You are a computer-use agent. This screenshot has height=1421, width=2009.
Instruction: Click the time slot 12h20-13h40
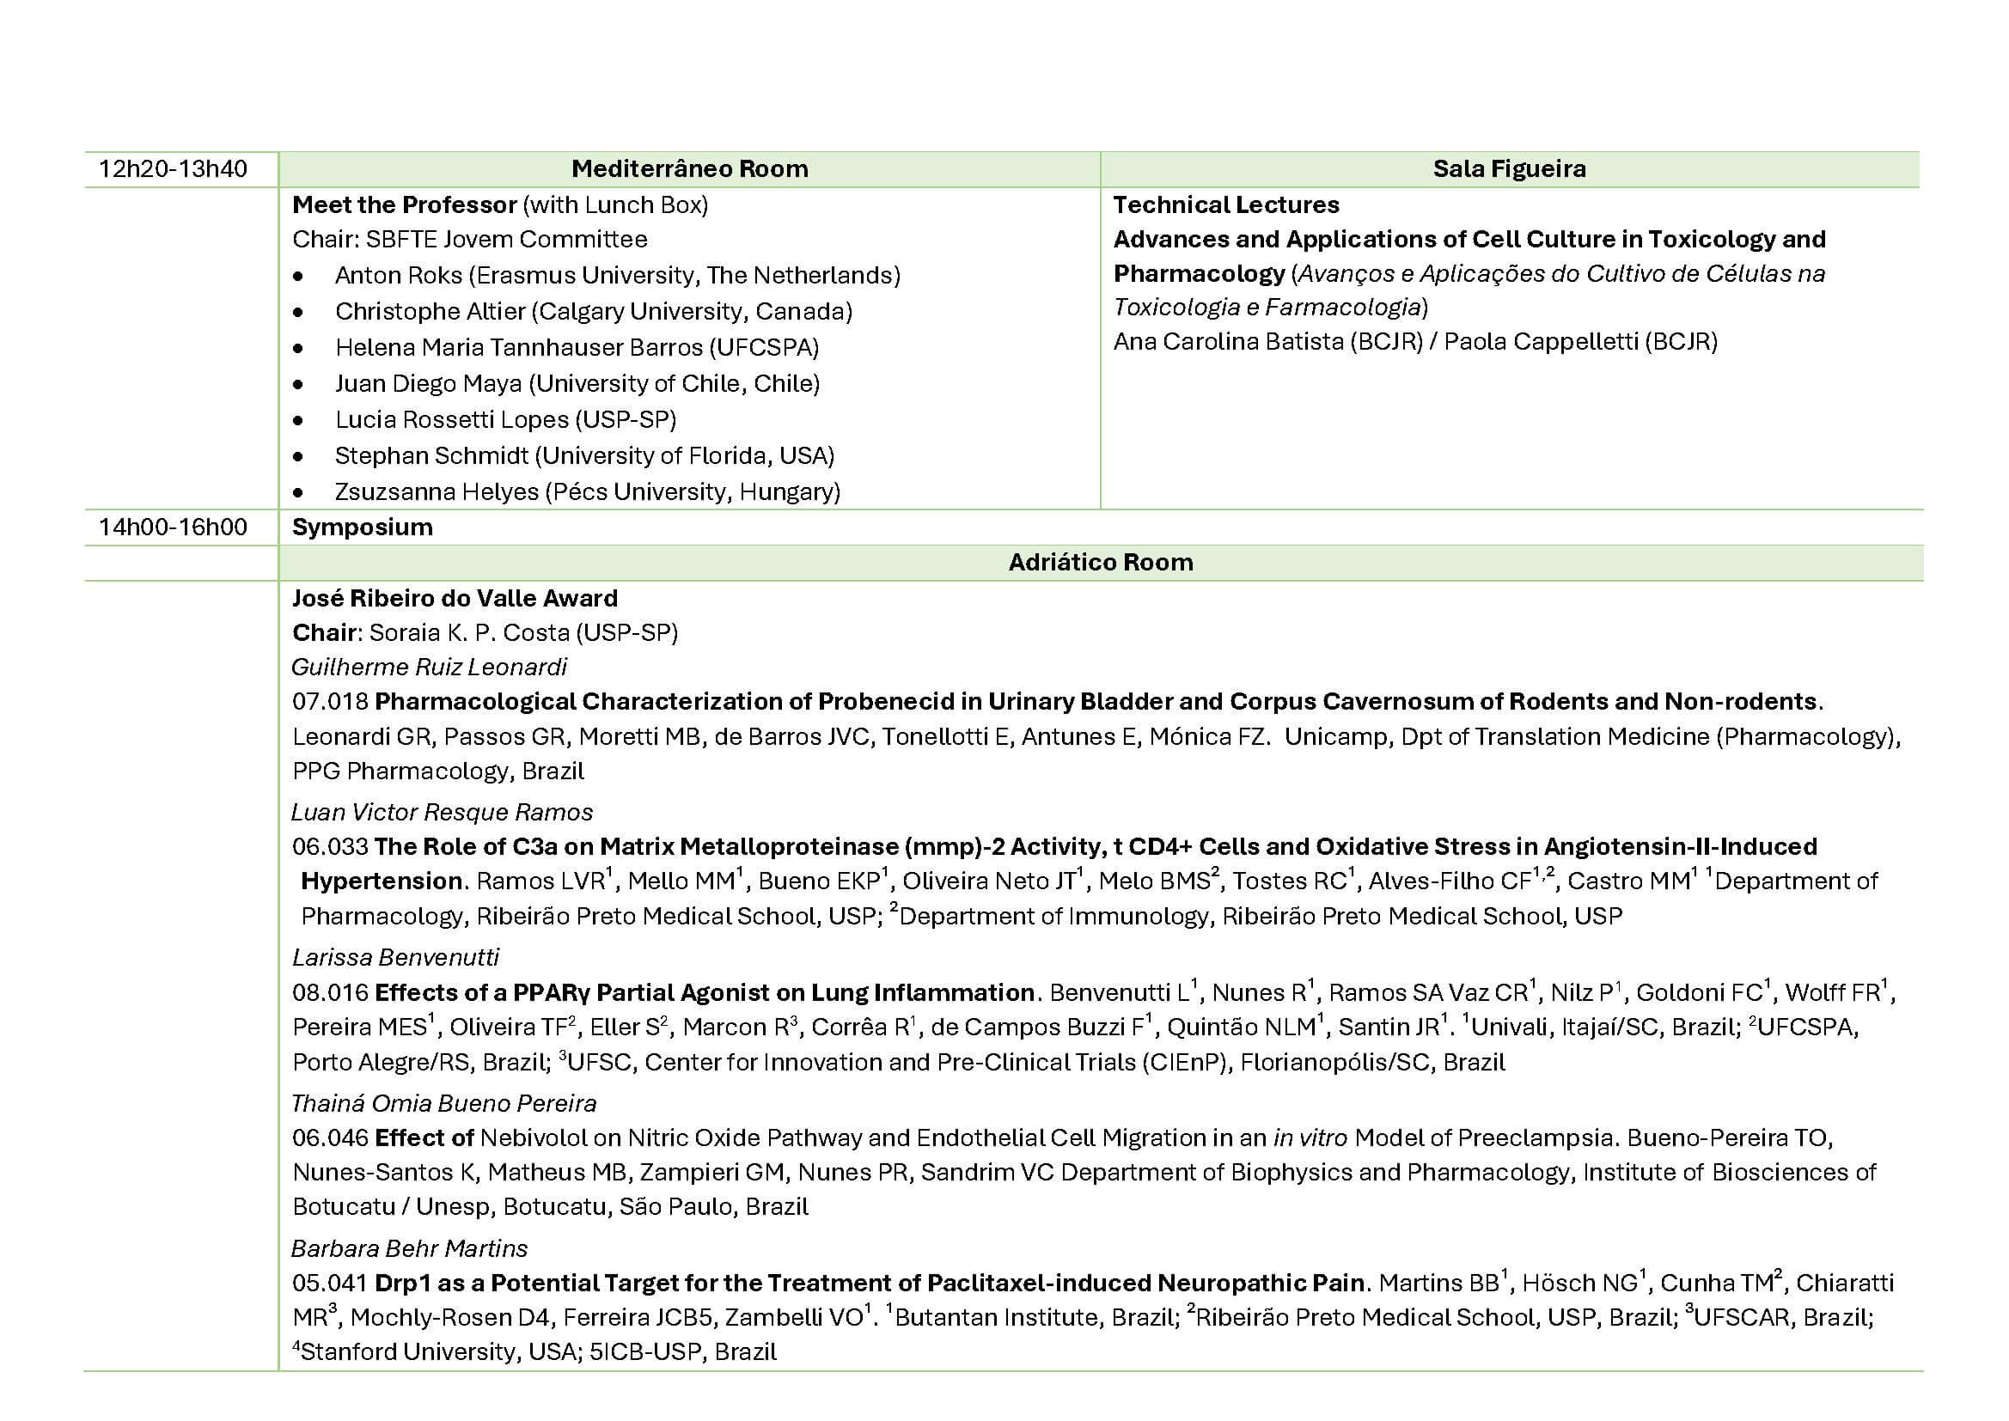click(x=173, y=169)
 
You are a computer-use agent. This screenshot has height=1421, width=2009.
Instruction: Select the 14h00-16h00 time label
click(x=173, y=528)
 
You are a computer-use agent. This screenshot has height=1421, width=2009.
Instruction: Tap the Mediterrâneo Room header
click(x=689, y=169)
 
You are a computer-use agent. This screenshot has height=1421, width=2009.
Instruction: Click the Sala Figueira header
click(x=1509, y=169)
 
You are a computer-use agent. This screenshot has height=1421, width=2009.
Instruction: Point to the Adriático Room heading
click(x=1100, y=563)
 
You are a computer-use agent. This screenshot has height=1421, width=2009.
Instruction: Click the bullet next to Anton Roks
click(x=299, y=277)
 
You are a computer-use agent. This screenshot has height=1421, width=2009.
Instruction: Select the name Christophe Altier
click(x=430, y=312)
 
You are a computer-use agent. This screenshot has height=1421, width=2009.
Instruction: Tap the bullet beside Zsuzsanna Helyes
click(x=299, y=492)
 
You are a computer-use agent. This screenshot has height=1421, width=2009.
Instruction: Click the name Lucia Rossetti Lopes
click(x=451, y=420)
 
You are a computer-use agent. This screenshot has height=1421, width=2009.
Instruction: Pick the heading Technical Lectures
click(x=1226, y=204)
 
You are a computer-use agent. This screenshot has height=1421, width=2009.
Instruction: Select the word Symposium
click(x=363, y=528)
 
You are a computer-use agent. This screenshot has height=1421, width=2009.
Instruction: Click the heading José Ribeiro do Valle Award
click(x=454, y=599)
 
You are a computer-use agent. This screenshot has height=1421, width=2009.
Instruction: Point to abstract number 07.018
click(x=330, y=702)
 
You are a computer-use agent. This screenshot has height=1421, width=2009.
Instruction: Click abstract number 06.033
click(x=330, y=847)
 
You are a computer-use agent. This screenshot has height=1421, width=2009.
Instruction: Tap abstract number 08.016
click(x=330, y=993)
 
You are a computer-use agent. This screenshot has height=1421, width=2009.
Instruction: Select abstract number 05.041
click(x=330, y=1284)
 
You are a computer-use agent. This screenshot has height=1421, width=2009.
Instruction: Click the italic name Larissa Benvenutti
click(x=395, y=957)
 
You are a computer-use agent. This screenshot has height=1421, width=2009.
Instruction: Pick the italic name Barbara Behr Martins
click(x=410, y=1248)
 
